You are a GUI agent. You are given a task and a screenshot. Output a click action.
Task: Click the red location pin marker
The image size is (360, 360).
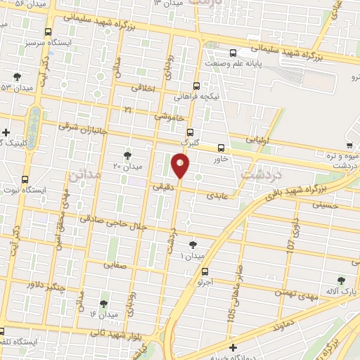pos(181,166)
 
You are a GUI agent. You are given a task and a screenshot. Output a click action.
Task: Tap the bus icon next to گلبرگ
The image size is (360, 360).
pos(189,132)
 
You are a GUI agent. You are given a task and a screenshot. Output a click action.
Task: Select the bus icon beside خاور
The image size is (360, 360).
pos(221,148)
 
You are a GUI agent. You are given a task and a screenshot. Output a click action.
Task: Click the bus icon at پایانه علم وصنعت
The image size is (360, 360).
pos(233,52)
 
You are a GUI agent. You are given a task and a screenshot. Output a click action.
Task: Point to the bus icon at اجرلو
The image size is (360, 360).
pos(205,271)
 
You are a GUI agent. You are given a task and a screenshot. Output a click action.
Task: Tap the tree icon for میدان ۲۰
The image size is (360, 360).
pos(127,155)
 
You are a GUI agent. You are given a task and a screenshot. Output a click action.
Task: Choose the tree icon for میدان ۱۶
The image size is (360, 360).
pos(103,304)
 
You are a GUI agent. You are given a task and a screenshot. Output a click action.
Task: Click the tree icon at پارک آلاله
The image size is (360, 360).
pos(342,280)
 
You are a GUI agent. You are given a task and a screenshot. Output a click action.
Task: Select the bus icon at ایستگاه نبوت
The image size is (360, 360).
pos(26,179)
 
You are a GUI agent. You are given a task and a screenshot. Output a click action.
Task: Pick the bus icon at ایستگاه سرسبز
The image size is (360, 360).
pos(48,32)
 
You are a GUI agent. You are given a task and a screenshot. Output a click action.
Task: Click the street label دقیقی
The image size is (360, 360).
pos(163,186)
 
